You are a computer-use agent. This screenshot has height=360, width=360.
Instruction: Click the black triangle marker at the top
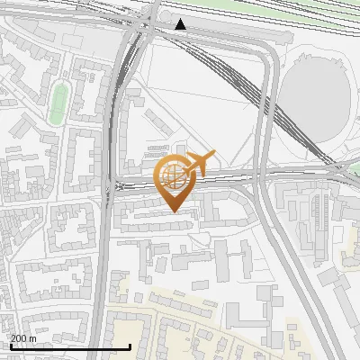click(181, 24)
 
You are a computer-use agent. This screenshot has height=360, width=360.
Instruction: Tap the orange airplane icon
click(199, 164)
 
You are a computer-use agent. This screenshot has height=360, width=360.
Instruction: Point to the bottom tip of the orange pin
click(174, 211)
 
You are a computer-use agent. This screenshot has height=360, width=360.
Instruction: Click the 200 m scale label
click(23, 337)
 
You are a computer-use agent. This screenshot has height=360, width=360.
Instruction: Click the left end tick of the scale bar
click(10, 345)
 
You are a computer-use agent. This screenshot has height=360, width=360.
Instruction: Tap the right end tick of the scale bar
click(130, 345)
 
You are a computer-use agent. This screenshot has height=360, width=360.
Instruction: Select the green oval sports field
click(58, 103)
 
